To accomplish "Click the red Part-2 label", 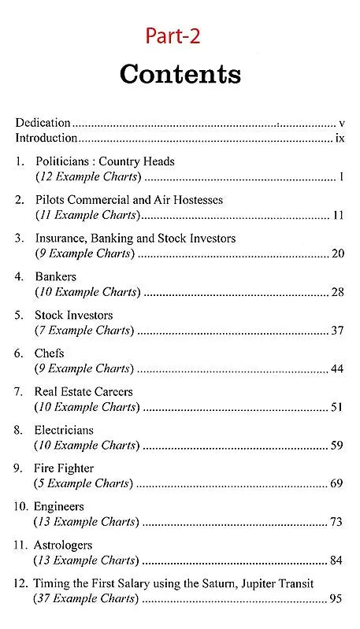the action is click(x=180, y=35).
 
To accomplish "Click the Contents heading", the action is click(x=180, y=74).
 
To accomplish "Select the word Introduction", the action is click(x=46, y=139).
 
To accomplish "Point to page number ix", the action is click(x=340, y=139).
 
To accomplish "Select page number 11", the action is click(x=339, y=215).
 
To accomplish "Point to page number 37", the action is click(x=338, y=331).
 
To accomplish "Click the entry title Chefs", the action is click(x=49, y=353).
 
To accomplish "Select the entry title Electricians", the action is click(x=64, y=431).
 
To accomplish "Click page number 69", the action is click(x=338, y=484).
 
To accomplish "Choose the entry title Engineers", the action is click(x=58, y=507).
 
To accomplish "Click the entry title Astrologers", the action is click(x=63, y=546).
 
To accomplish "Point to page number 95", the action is click(x=338, y=600).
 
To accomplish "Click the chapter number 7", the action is click(x=19, y=392).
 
